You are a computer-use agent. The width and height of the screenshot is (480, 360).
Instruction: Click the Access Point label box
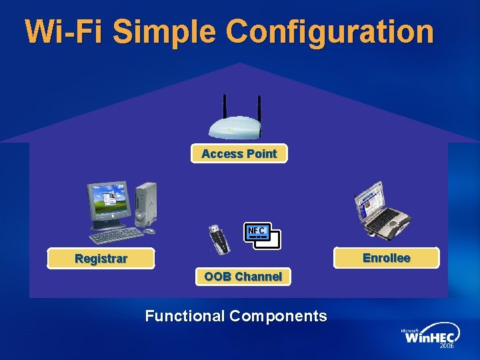pyautogui.click(x=239, y=153)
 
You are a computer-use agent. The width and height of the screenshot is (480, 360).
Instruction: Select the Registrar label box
pyautogui.click(x=101, y=259)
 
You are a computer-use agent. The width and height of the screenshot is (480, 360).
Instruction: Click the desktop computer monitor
pyautogui.click(x=109, y=205)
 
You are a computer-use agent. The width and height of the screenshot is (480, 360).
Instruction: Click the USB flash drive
pyautogui.click(x=221, y=239)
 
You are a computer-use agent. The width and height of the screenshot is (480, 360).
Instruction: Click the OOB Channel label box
pyautogui.click(x=243, y=276)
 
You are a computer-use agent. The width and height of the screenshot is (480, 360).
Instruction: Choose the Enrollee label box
pyautogui.click(x=386, y=257)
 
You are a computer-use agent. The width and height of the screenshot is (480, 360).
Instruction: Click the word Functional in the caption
pyautogui.click(x=184, y=316)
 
